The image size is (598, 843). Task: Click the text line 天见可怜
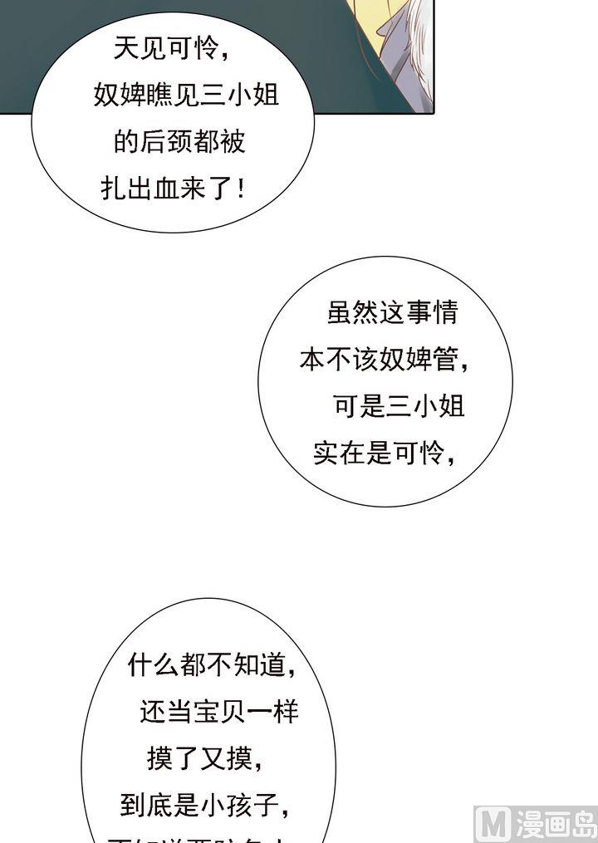coord(171,50)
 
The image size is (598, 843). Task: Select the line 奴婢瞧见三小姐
coord(186,96)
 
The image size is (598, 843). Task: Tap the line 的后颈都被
coord(179,142)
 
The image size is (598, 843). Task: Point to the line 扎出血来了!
coord(173,189)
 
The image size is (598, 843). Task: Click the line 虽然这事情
coord(393,313)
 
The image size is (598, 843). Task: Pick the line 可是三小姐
coord(398,407)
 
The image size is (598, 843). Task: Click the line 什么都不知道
coord(213,664)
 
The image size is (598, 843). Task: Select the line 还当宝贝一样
coord(218,712)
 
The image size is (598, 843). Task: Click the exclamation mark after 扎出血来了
coord(241,189)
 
